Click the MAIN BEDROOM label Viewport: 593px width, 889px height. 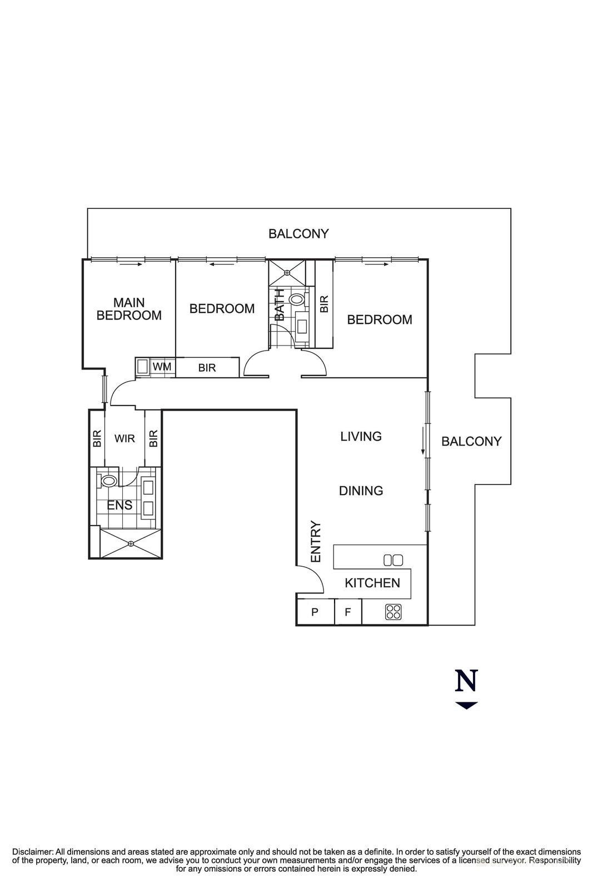click(129, 309)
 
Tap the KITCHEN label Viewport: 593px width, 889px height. click(372, 583)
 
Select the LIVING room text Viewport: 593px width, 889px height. click(361, 437)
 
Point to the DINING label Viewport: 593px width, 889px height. click(361, 491)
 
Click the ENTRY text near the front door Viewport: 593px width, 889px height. click(316, 541)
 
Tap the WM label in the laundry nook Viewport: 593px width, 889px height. click(162, 367)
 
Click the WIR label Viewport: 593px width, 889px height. click(124, 438)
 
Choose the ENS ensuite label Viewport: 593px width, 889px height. click(119, 505)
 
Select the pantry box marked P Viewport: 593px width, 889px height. click(315, 612)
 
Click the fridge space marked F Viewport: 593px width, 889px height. click(348, 612)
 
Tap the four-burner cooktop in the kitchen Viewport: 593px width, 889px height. click(393, 612)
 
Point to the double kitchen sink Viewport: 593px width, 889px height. click(393, 560)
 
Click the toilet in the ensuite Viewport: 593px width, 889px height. click(108, 480)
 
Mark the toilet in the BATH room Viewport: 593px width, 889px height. click(296, 299)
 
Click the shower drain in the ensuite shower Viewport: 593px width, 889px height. click(131, 543)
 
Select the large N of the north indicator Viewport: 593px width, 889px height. click(466, 681)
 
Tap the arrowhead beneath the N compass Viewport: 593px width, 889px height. click(466, 706)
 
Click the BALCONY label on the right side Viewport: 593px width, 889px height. click(471, 441)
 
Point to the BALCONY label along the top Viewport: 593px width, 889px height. click(298, 234)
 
